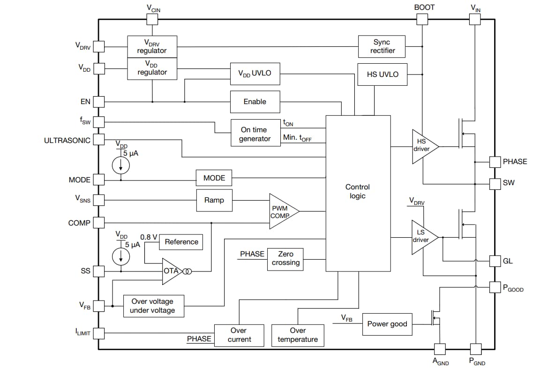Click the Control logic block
[x=358, y=193]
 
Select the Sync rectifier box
[x=382, y=46]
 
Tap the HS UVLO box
[x=382, y=74]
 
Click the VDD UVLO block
[x=255, y=74]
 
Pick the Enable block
[x=255, y=102]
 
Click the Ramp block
[x=214, y=200]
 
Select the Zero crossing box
[x=285, y=259]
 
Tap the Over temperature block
[x=298, y=335]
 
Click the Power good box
[x=387, y=324]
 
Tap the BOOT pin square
[x=422, y=19]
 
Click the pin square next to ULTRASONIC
[x=98, y=140]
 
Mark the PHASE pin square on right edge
[x=495, y=162]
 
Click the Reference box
[x=181, y=242]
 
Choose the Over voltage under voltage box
[x=153, y=306]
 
